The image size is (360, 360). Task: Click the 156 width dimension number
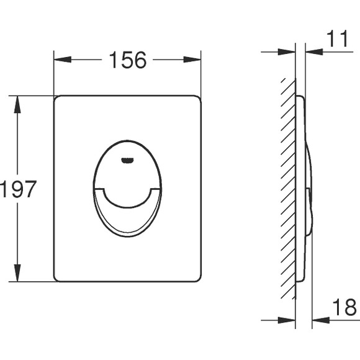128,60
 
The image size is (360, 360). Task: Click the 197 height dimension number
18,189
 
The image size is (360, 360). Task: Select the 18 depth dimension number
344,307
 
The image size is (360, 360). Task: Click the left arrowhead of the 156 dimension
63,60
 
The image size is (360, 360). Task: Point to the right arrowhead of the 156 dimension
192,60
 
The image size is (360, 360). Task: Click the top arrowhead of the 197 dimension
17,104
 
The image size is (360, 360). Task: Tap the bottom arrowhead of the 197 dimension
17,272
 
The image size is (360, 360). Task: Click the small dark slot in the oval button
127,161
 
